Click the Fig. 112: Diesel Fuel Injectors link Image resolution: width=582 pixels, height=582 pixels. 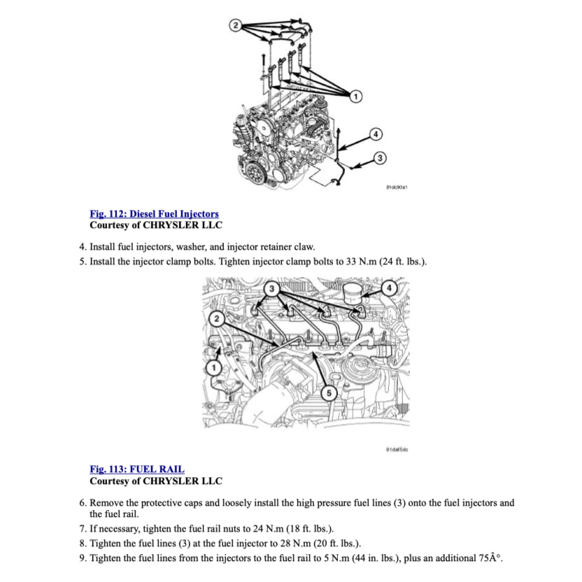(154, 213)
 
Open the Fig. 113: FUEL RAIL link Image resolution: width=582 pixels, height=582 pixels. (137, 469)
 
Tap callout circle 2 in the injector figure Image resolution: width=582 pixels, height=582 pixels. (236, 26)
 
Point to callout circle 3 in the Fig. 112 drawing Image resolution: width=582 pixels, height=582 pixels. (379, 158)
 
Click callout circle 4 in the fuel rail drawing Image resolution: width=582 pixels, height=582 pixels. (390, 288)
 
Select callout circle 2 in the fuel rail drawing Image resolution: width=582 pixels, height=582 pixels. (216, 319)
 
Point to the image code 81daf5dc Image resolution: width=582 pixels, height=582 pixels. (397, 449)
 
